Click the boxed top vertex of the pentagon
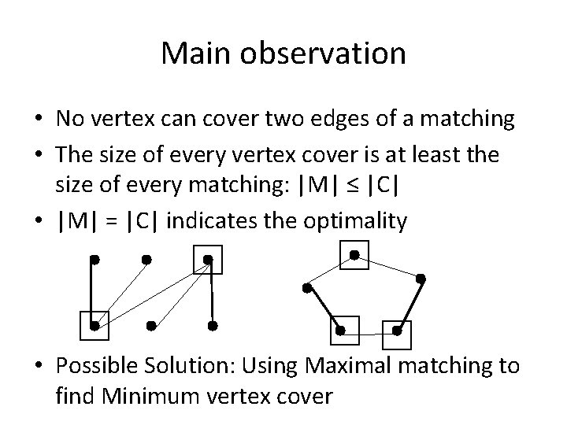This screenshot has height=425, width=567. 354,254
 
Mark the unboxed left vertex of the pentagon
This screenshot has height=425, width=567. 306,288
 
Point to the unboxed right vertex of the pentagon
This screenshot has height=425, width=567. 421,278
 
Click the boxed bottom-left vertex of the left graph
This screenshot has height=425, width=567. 94,324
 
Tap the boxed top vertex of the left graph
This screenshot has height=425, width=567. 207,259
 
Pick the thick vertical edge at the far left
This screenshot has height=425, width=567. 94,291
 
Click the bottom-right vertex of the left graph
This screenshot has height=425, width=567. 213,324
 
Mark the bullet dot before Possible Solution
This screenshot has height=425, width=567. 38,367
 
